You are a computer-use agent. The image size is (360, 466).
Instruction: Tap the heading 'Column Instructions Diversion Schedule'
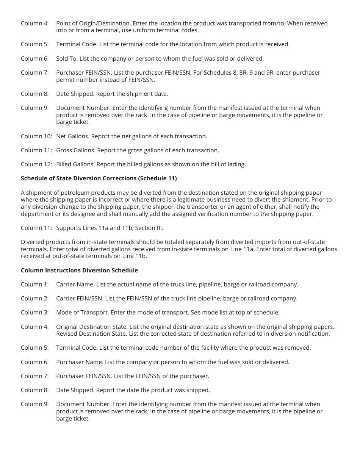pos(79,270)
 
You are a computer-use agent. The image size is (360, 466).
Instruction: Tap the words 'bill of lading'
pos(228,164)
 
